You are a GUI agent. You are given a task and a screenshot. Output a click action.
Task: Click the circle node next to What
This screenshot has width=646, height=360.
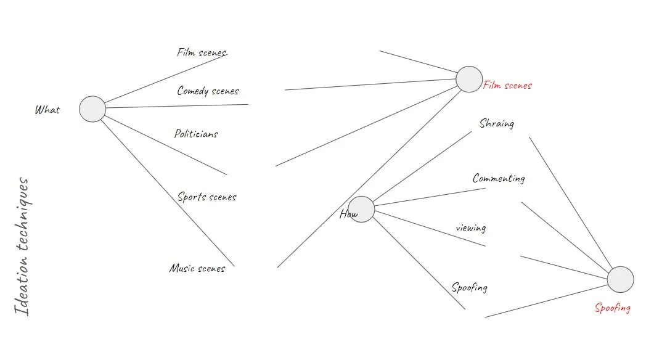(92, 109)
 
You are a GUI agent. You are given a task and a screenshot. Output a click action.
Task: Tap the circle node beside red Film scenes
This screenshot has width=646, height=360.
(469, 80)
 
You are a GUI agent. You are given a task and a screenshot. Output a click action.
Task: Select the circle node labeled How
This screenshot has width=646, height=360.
(362, 209)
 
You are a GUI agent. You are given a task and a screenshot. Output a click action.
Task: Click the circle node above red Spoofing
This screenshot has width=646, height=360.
(620, 280)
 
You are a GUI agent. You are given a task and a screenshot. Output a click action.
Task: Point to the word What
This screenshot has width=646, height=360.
(47, 110)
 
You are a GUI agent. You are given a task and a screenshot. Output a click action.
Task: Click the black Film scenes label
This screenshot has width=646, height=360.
(202, 52)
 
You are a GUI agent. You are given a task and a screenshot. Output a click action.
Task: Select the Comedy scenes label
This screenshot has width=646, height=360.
(208, 91)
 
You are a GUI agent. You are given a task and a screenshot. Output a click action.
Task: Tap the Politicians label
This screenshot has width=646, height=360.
(196, 134)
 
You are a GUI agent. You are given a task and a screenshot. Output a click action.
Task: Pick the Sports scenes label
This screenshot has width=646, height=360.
(206, 197)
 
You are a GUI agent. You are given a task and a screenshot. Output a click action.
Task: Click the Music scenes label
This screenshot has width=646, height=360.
(197, 268)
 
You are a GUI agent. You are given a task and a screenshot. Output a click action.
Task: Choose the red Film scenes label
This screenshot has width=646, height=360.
(507, 86)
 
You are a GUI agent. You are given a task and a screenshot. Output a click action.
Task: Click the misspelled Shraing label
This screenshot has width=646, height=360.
(496, 123)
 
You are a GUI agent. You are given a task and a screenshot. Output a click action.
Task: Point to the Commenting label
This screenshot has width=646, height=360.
(499, 179)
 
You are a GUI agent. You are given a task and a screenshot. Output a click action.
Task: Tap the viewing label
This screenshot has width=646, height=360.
(470, 228)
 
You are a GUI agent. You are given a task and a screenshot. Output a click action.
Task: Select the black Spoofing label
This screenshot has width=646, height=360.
(469, 287)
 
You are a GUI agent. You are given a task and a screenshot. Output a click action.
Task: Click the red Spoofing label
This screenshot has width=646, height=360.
(612, 308)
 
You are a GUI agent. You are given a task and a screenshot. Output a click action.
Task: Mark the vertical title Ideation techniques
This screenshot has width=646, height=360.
(23, 247)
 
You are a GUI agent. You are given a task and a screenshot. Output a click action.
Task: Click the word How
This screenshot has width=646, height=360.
(348, 215)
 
